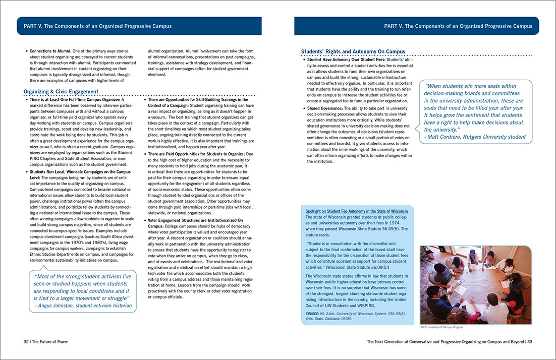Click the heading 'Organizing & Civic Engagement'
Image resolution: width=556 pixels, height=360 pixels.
pos(61,91)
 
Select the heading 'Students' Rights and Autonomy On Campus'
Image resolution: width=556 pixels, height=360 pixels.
pos(353,51)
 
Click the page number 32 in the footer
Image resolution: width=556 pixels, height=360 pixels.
pos(20,341)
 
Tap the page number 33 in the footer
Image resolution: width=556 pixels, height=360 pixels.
pos(536,341)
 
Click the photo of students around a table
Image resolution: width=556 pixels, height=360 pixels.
pos(476,285)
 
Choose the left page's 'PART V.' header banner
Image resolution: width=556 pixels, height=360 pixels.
pos(139,26)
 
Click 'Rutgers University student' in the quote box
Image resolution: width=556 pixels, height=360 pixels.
pos(497,137)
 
